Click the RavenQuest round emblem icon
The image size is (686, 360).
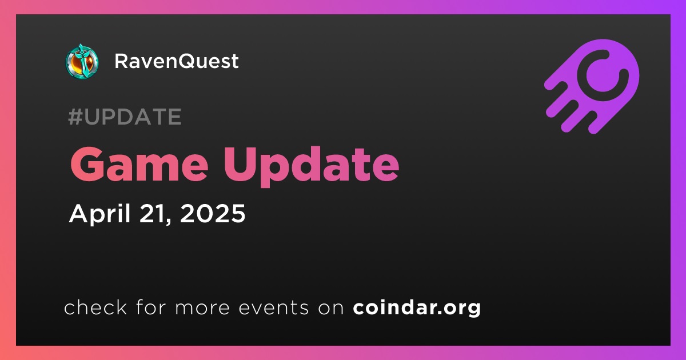[x=82, y=61]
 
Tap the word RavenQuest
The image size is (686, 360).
[x=177, y=61]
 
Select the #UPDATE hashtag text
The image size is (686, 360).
[x=125, y=117]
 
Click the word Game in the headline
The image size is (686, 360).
[x=139, y=165]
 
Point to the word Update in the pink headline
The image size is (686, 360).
[x=311, y=167]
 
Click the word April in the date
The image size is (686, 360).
[x=100, y=214]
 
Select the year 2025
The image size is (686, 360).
[x=213, y=213]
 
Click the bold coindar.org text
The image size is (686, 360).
[x=417, y=308]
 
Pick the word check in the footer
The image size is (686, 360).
[x=95, y=307]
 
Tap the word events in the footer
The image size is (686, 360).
[x=273, y=307]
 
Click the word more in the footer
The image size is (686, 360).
[x=202, y=308]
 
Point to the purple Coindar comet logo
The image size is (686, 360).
[x=591, y=86]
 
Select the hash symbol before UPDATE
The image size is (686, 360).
[x=75, y=117]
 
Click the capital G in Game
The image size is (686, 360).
[x=87, y=165]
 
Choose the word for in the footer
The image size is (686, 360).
[x=151, y=307]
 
